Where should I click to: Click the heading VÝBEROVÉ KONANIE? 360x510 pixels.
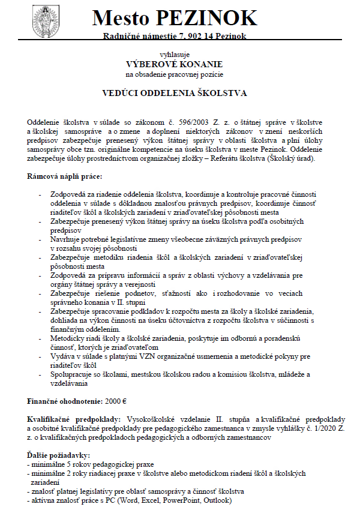coord(173,64)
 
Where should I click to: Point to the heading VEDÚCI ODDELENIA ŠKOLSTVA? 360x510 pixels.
coord(174,94)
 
